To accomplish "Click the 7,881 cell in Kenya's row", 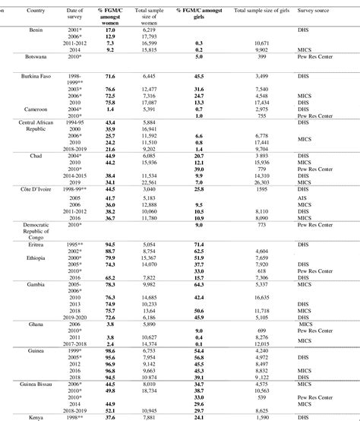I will coord(148,416).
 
